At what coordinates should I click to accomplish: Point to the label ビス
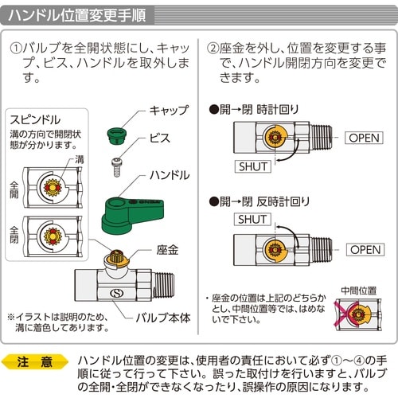pos(160,138)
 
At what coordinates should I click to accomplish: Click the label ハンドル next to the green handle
pos(170,174)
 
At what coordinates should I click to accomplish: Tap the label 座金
pos(168,250)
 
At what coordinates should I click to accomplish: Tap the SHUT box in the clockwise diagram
pos(253,166)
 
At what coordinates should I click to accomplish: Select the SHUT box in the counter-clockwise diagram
pos(253,220)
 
